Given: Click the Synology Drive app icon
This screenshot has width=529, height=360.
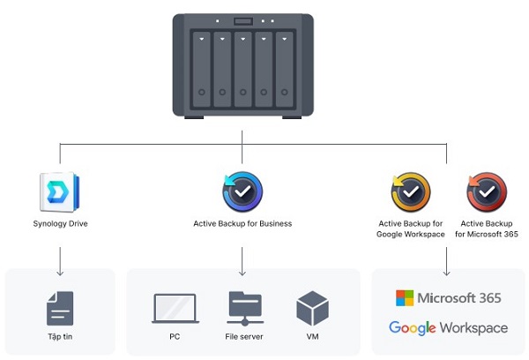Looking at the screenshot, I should click(60, 192).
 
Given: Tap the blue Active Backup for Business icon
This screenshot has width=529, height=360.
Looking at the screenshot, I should click(242, 192).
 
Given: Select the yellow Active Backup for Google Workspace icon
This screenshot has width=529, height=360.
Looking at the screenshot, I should click(411, 192).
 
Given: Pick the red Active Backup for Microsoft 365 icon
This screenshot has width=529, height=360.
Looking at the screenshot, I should click(486, 192).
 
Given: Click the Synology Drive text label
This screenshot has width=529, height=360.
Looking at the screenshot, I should click(60, 224).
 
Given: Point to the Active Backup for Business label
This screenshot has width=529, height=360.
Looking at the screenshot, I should click(242, 224).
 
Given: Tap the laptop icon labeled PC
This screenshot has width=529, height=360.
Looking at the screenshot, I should click(175, 308).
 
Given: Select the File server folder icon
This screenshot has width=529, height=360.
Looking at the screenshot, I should click(244, 307).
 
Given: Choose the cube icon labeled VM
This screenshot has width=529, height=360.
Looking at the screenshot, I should click(312, 308).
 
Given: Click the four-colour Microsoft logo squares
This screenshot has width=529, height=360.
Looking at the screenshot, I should click(405, 298).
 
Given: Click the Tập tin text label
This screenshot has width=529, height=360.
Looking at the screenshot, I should click(60, 336).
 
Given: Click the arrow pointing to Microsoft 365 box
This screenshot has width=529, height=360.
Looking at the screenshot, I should click(447, 260).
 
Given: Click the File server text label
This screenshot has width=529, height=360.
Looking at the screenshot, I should click(244, 336).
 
